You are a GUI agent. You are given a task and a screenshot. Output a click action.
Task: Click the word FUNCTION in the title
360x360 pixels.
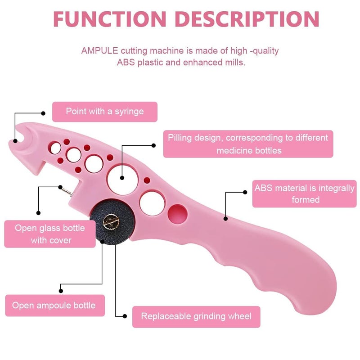[x=109, y=19]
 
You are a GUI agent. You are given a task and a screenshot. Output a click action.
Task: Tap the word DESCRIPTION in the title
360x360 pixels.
[x=247, y=19]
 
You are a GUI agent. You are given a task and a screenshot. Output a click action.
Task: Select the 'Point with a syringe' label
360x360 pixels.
[x=105, y=112]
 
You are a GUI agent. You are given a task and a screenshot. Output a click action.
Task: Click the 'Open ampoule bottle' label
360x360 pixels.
[x=55, y=306]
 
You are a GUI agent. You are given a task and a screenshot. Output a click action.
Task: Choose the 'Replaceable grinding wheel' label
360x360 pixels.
[x=196, y=317]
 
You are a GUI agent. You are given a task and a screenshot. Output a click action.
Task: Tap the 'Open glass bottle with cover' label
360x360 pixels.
[x=50, y=234]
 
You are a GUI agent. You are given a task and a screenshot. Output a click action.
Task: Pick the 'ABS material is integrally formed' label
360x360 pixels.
[x=305, y=194]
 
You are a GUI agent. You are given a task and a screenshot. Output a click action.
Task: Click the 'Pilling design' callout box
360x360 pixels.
[x=248, y=144]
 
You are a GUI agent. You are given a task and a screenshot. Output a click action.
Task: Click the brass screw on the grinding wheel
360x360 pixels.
[x=111, y=222]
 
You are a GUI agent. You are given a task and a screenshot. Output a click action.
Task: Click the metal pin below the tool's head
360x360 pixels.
[x=67, y=192]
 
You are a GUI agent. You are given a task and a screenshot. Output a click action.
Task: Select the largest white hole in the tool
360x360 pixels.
[x=123, y=179]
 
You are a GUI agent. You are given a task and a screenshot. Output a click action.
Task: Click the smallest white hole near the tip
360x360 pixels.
[x=55, y=148]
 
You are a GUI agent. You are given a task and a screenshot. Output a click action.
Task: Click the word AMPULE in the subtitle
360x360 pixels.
[x=99, y=50]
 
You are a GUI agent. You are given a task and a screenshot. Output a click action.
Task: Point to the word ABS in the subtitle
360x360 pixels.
[x=126, y=62]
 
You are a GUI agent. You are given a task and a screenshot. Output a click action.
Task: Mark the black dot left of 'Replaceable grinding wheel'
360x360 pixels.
[x=125, y=316]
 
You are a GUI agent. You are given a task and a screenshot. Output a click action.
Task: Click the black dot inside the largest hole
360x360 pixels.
[x=122, y=178]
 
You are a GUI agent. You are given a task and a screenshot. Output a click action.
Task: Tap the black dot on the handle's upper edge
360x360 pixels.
[x=226, y=219]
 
